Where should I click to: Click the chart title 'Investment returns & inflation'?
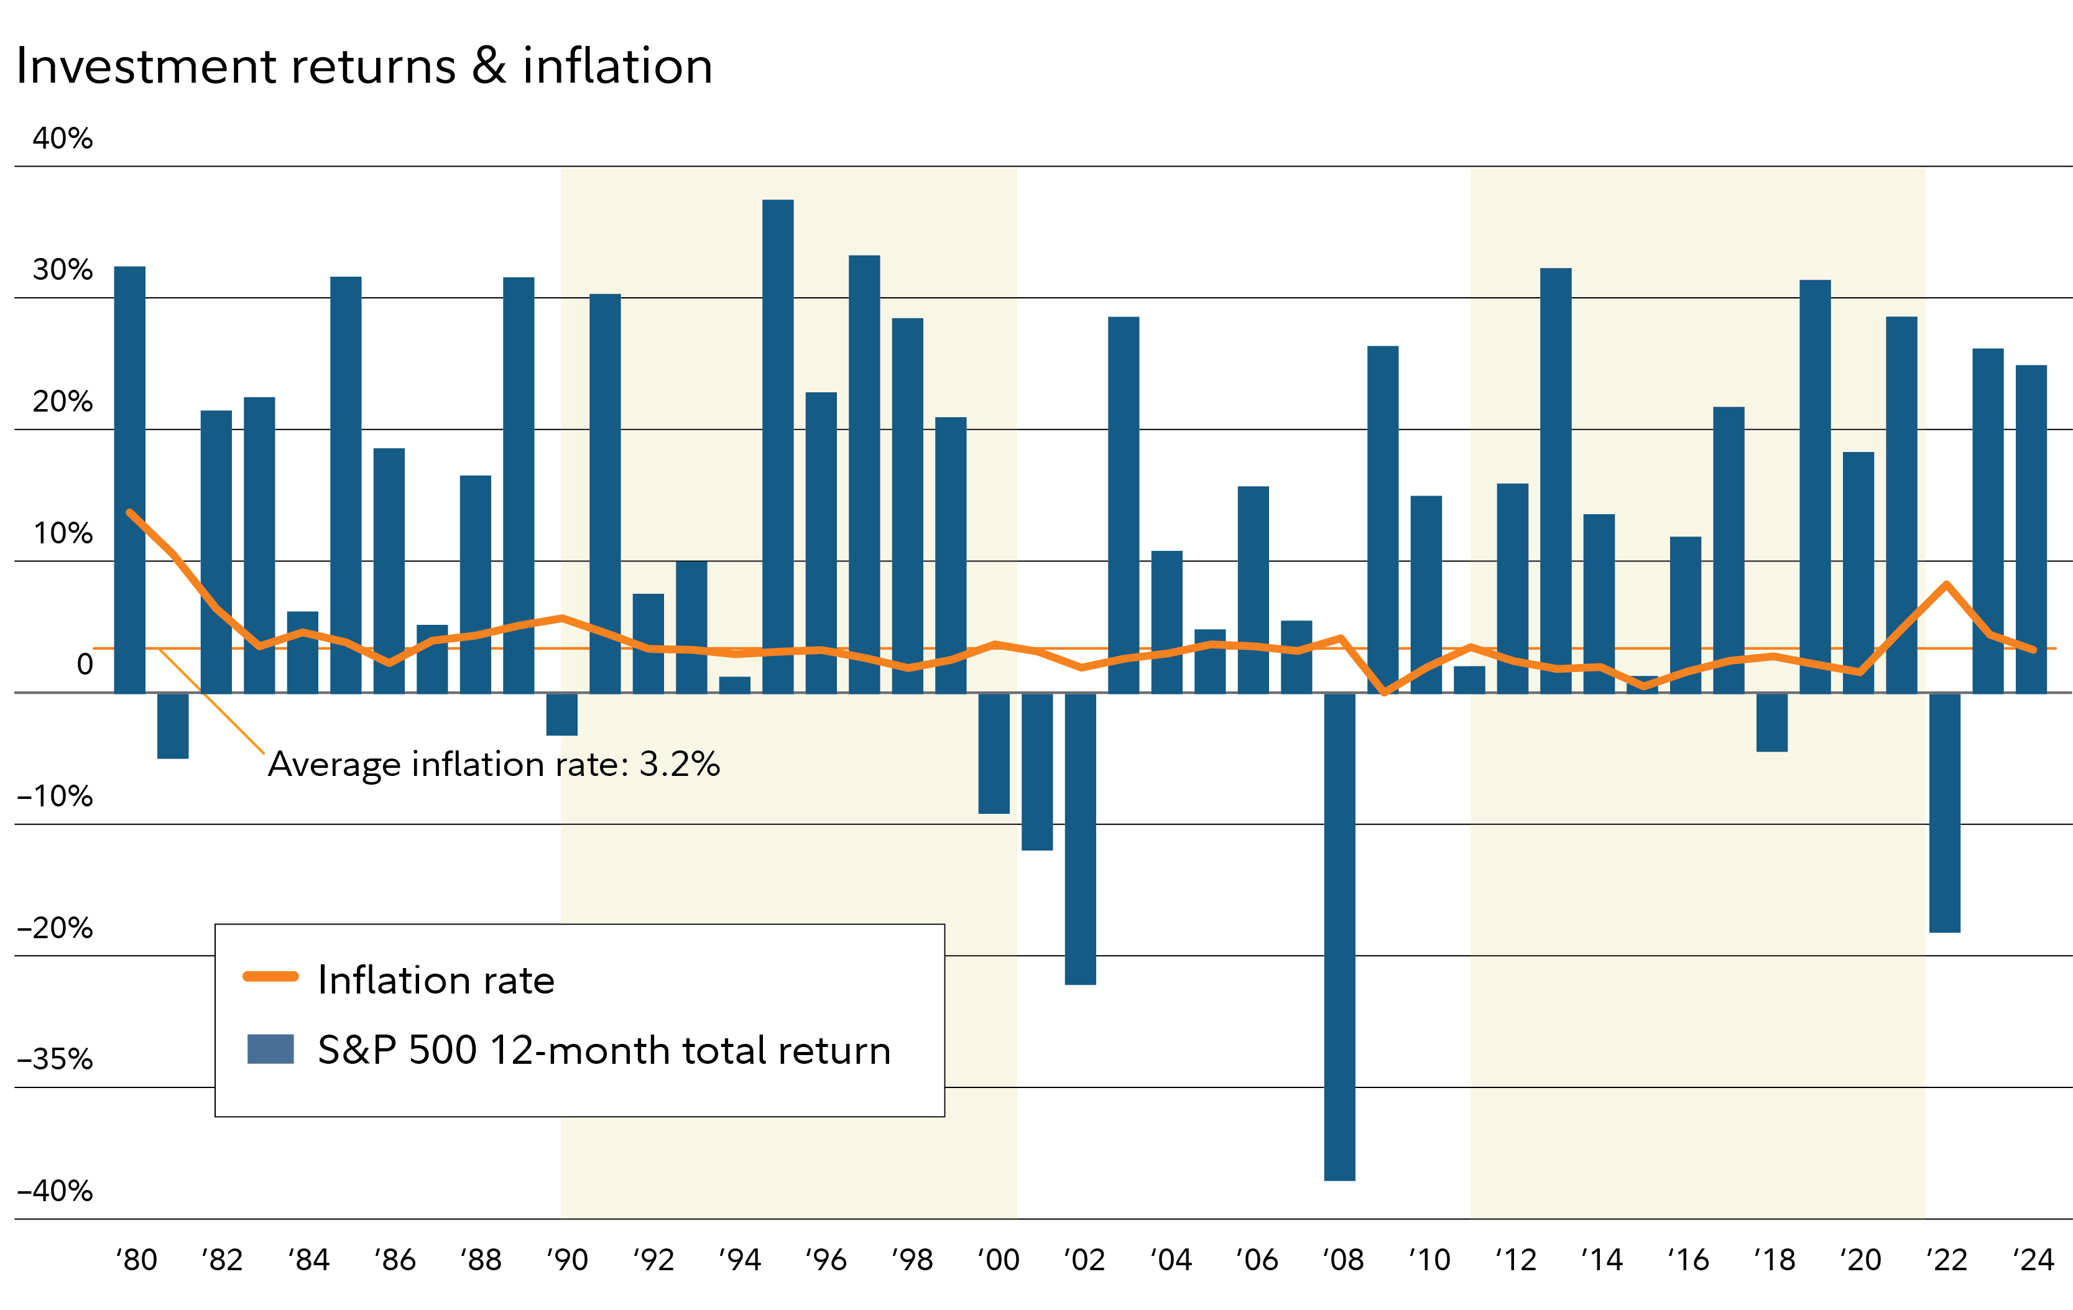click(x=364, y=67)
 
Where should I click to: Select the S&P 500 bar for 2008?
click(x=1339, y=936)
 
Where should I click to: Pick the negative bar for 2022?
click(x=1945, y=813)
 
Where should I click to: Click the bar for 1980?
click(x=130, y=479)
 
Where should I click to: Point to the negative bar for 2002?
click(x=1081, y=838)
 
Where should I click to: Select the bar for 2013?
click(x=1556, y=480)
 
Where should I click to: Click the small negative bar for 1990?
click(x=562, y=714)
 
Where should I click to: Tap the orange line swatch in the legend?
click(x=270, y=976)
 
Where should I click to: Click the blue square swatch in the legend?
click(x=270, y=1049)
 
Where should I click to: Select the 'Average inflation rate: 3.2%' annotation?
click(x=493, y=764)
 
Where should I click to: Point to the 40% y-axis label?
click(x=62, y=139)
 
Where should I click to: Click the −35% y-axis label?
click(x=55, y=1059)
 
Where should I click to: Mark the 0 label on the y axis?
click(x=85, y=665)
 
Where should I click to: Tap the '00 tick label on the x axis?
click(x=998, y=1260)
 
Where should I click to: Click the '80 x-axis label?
click(x=136, y=1260)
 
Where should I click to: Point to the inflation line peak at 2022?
click(x=1946, y=584)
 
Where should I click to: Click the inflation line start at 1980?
click(x=130, y=513)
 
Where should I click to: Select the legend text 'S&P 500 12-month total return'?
click(x=604, y=1050)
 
